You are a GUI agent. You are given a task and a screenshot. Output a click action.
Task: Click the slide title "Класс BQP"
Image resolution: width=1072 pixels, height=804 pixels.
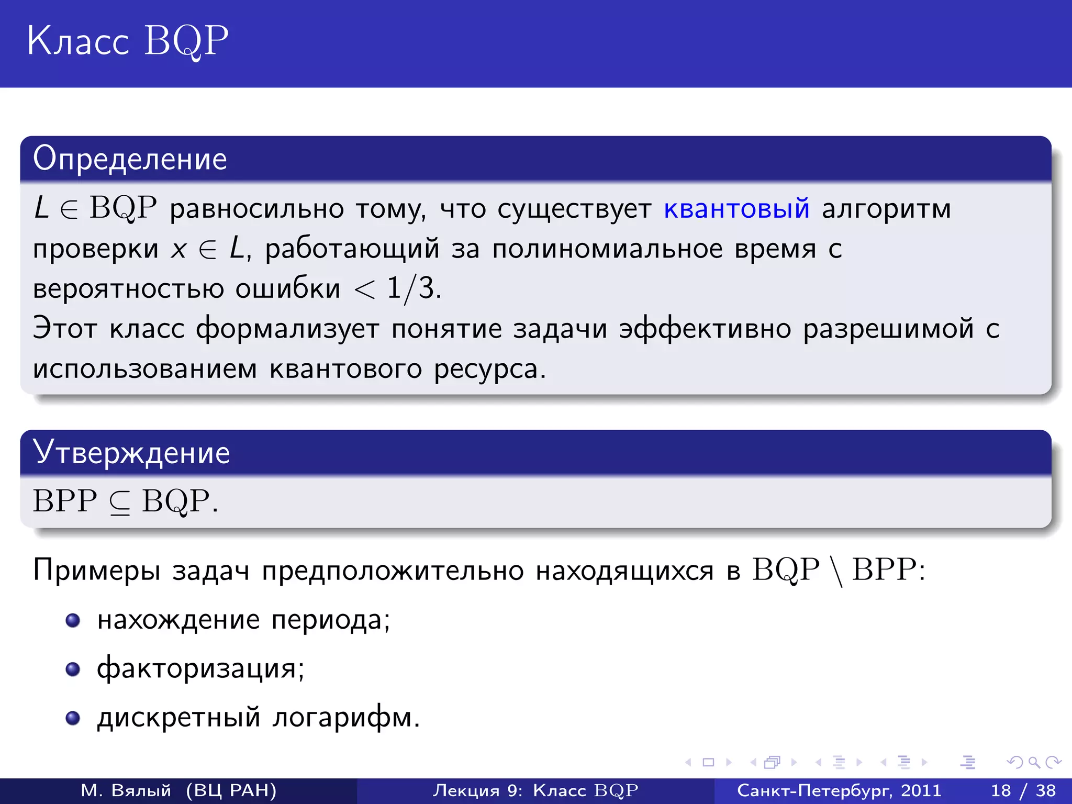(x=127, y=41)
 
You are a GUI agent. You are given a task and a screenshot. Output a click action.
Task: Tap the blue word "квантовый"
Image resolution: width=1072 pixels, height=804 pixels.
(x=736, y=208)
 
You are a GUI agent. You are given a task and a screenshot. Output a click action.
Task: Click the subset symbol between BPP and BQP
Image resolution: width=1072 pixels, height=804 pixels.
(x=119, y=502)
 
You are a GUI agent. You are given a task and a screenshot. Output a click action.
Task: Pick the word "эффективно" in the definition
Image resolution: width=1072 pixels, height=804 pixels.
(x=705, y=329)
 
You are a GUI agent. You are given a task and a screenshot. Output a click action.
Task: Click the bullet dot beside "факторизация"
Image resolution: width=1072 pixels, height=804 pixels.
(x=73, y=669)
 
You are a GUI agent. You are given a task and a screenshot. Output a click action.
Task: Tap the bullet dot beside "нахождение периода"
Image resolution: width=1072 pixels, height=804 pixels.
(x=73, y=620)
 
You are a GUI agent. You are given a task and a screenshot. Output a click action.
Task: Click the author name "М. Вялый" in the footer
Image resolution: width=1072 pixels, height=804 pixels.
(x=126, y=790)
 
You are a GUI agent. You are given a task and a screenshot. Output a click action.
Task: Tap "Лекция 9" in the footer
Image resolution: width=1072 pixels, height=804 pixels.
(x=477, y=790)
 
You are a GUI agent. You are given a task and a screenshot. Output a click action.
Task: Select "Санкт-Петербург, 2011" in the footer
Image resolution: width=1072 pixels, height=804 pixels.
(x=839, y=790)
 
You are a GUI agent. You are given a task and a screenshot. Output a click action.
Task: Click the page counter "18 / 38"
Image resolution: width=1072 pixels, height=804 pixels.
(x=1023, y=790)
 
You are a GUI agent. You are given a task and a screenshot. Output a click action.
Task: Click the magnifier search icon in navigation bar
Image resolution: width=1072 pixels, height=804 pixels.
(x=1034, y=762)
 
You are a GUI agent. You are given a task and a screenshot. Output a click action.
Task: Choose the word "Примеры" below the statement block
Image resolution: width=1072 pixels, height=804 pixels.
(x=96, y=571)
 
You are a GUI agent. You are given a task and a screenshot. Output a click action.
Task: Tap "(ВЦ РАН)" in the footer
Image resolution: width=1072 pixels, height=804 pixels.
(x=231, y=790)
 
